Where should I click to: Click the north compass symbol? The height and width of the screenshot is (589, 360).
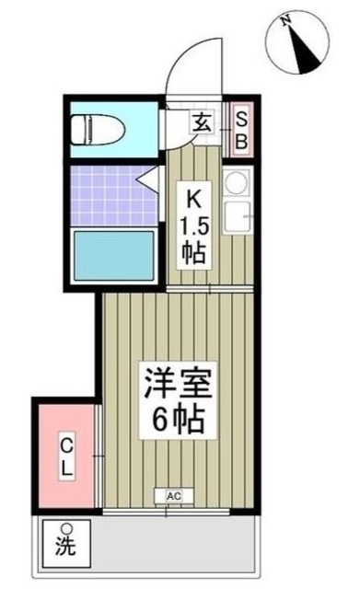[x=300, y=41]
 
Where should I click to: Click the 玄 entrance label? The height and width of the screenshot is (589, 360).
[x=200, y=120]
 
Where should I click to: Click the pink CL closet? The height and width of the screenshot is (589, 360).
[x=66, y=456]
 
